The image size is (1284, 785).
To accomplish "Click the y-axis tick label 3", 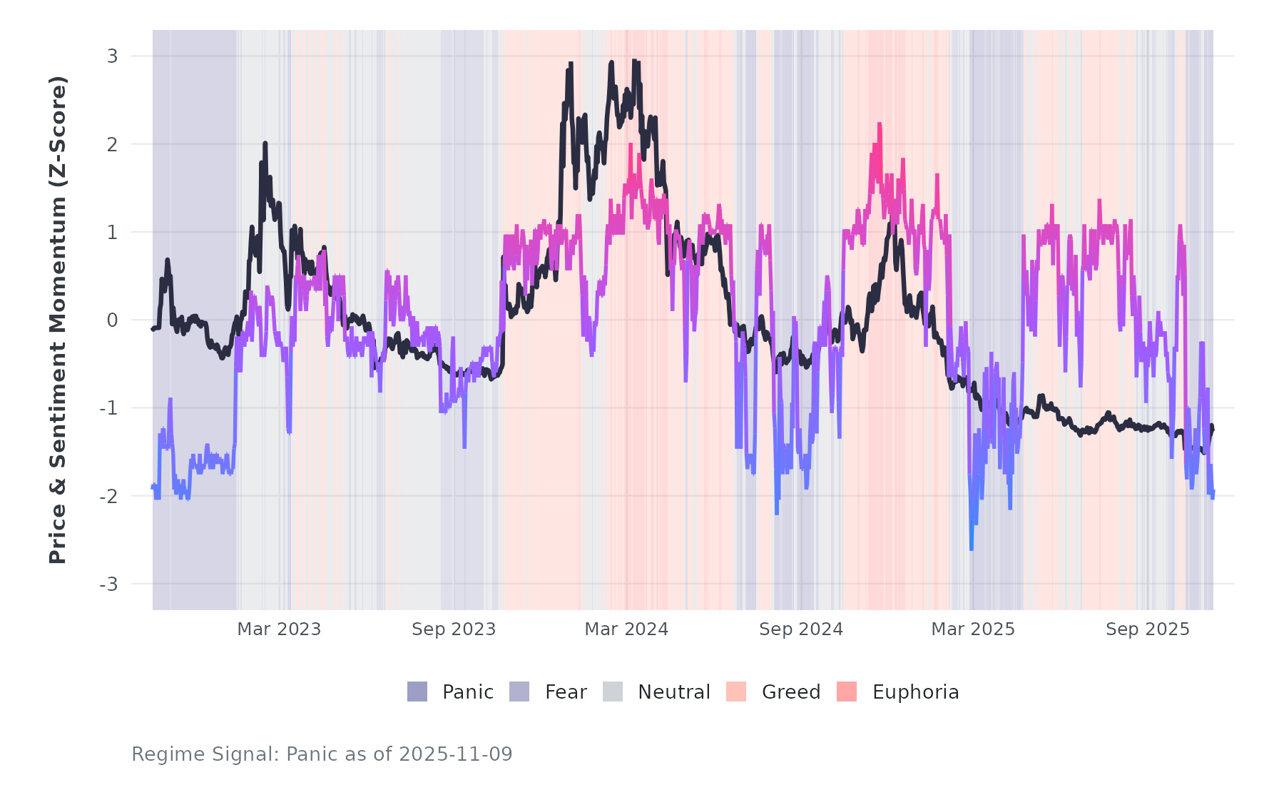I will [112, 56].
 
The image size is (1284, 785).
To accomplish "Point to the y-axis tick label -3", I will [108, 584].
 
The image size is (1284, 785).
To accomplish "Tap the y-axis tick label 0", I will [112, 320].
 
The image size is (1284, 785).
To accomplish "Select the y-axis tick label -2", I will [108, 497].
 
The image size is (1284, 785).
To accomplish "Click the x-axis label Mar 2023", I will [279, 629].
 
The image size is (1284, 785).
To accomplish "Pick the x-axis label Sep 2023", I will [454, 629].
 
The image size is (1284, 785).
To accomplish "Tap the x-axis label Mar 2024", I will [626, 629].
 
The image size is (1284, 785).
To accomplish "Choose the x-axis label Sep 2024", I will [801, 629].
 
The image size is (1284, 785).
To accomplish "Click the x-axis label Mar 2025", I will [973, 629].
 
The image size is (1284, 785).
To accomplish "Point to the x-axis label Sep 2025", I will [1148, 629].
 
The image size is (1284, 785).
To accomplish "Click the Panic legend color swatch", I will [417, 692].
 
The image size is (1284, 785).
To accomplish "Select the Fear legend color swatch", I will [519, 692].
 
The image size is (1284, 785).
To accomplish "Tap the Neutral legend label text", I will [673, 692].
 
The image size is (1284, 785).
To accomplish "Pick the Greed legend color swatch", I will [736, 692].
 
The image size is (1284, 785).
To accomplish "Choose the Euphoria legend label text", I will [915, 692].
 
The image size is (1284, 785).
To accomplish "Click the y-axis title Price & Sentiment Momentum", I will [58, 320].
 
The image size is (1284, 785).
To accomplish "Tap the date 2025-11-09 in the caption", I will [456, 754].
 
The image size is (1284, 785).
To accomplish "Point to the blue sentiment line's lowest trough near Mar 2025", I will [971, 547].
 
